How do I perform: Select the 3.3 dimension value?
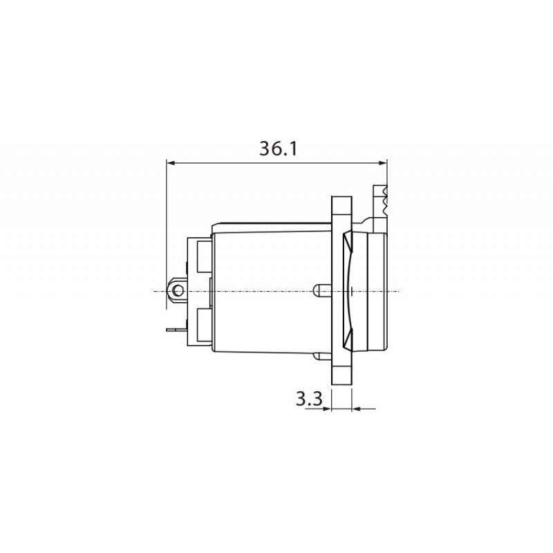coord(308,399)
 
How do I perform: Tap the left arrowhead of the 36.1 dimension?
coord(171,164)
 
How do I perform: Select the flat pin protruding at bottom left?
coord(176,330)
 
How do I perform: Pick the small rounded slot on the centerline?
coord(319,291)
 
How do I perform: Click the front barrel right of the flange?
coord(377,290)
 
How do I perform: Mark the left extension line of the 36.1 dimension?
coord(167,228)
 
